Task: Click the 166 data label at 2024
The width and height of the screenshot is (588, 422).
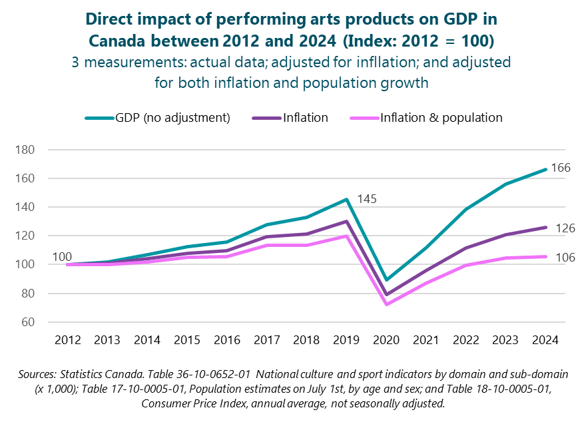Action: pos(561,168)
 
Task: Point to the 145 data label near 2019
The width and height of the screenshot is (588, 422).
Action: pos(368,198)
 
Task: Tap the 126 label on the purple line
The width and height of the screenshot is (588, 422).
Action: pos(565,228)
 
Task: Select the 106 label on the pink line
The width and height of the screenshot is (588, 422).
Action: pos(565,258)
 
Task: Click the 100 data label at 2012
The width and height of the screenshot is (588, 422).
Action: pos(62,256)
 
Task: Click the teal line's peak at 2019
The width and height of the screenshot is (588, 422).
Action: pos(346,199)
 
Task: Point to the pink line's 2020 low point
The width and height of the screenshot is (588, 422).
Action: pos(386,304)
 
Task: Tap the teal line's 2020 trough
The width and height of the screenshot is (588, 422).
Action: pos(386,280)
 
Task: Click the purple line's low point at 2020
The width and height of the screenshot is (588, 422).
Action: pos(386,294)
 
